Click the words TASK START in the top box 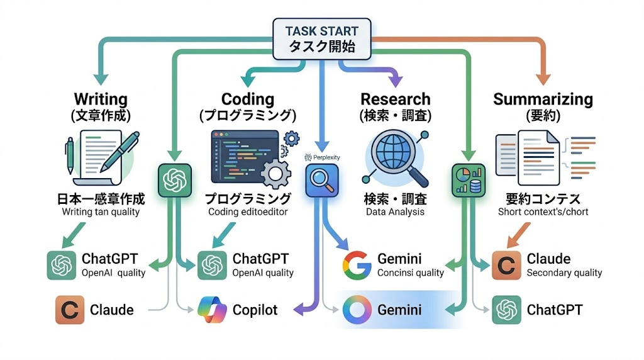(x=321, y=31)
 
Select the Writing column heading (x=101, y=99)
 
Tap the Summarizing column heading (x=543, y=99)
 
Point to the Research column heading (x=396, y=99)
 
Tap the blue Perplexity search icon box (x=322, y=182)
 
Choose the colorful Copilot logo (x=211, y=310)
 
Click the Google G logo (x=357, y=265)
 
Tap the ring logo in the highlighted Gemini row (x=357, y=310)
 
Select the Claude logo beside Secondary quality (x=505, y=265)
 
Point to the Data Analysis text (x=395, y=212)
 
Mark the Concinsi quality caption (x=410, y=273)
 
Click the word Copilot (x=255, y=310)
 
